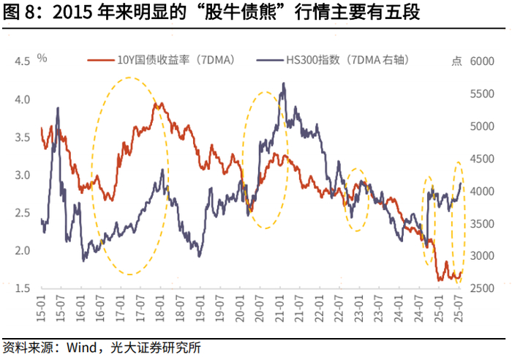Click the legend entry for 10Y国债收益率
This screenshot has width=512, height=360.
point(162,60)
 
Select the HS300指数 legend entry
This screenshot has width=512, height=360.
point(333,60)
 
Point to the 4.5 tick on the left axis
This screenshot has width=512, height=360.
point(22,61)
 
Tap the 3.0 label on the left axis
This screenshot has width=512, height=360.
point(22,175)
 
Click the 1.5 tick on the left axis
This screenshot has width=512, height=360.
point(22,288)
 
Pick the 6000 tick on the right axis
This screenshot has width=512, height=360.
point(482,61)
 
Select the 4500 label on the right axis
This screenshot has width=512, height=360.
point(482,159)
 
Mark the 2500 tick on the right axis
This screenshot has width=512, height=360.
point(482,288)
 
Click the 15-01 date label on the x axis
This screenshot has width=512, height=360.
point(42,308)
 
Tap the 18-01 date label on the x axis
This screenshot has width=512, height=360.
point(160,308)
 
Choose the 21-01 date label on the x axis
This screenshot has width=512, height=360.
point(280,308)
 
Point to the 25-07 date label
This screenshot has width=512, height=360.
point(459,308)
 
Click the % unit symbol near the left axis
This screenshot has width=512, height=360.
point(42,58)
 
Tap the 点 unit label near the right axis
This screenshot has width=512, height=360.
point(457,61)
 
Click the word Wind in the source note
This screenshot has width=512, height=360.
point(81,348)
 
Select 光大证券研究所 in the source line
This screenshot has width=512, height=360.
point(155,348)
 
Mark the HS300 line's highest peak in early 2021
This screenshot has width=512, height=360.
point(284,83)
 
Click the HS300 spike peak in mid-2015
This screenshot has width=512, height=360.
point(58,108)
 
